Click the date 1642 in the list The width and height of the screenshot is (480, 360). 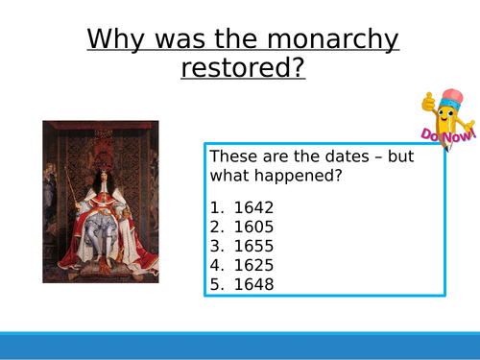[x=257, y=207]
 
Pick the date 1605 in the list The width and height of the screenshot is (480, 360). [x=257, y=227]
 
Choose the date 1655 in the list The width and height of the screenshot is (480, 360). [x=257, y=246]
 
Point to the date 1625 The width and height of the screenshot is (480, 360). [x=257, y=265]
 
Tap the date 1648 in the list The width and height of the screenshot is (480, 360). [x=257, y=284]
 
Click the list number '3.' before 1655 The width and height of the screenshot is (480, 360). [x=216, y=246]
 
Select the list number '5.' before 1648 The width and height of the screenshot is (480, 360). [x=216, y=284]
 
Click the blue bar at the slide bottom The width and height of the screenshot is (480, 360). [x=240, y=345]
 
